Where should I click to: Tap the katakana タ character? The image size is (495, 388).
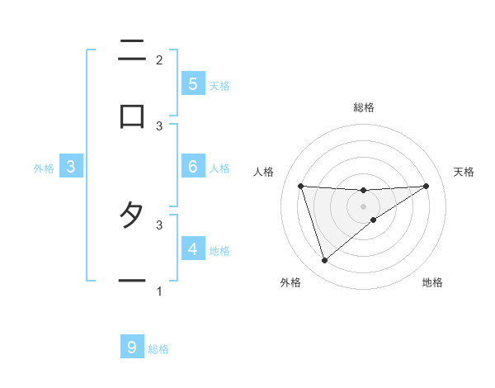132,215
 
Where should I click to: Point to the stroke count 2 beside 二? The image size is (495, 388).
159,59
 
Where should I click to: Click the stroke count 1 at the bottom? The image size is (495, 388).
159,291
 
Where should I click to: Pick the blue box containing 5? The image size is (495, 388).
192,83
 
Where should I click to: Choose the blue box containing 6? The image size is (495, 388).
192,166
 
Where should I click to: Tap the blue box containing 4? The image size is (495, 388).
192,248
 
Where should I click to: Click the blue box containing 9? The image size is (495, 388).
132,348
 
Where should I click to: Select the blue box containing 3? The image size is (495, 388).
71,166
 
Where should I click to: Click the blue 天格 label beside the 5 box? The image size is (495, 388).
219,86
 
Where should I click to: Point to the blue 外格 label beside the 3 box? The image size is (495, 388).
44,168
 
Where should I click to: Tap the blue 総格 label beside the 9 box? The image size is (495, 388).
158,350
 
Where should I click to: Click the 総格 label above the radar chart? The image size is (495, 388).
364,107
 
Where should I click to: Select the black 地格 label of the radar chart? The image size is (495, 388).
432,283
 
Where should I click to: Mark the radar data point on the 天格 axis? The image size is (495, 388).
426,186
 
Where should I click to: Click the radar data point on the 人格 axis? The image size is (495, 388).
301,186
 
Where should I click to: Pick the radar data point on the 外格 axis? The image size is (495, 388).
324,261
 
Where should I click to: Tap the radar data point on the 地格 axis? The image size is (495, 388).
374,220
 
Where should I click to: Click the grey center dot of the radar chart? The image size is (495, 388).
364,206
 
